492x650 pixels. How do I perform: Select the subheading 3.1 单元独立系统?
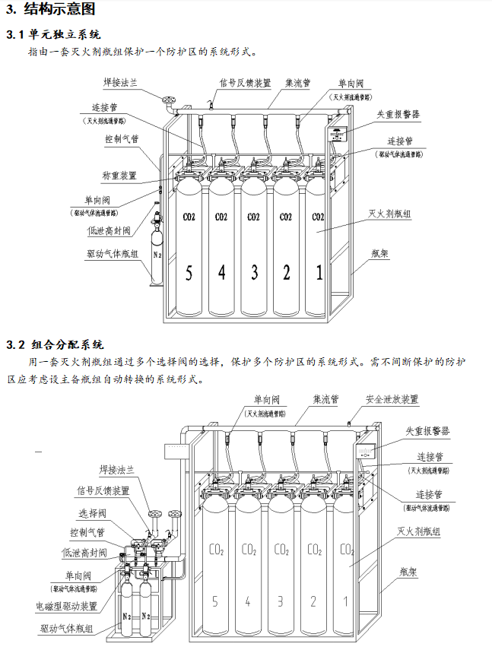click(53, 34)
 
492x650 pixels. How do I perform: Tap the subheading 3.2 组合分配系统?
click(55, 344)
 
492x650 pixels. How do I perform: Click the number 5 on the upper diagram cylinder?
click(188, 272)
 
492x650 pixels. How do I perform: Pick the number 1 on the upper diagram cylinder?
click(319, 272)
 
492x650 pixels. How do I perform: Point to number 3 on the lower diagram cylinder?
click(281, 602)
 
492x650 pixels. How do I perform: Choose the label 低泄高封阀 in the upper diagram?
click(110, 230)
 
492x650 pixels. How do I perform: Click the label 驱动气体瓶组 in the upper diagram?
click(113, 255)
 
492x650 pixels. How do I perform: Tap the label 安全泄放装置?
click(392, 399)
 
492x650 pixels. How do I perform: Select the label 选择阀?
click(93, 512)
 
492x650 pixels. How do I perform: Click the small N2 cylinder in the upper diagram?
click(157, 255)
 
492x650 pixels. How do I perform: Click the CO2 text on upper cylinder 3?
click(253, 217)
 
